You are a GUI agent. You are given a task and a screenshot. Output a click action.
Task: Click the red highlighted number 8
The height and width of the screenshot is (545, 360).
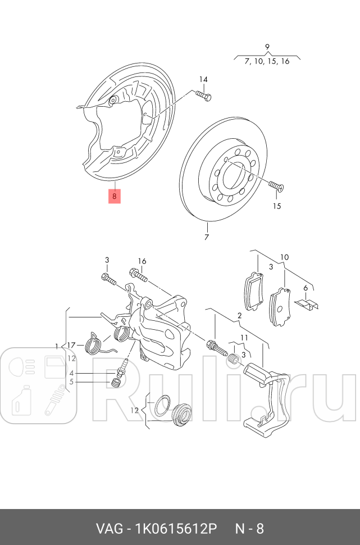(x=114, y=196)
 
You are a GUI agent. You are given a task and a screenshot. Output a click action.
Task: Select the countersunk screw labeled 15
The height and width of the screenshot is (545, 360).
(x=276, y=185)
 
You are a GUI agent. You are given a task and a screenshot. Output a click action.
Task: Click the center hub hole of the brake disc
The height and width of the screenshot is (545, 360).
(x=231, y=176)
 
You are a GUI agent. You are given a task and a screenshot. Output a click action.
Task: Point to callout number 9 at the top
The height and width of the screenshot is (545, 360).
(x=267, y=47)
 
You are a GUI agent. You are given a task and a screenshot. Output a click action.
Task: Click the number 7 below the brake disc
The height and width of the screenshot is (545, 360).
(x=206, y=237)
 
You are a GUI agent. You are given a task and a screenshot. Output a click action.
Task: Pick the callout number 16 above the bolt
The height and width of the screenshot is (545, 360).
(x=142, y=261)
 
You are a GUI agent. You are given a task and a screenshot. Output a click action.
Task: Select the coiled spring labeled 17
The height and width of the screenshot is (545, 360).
(x=93, y=343)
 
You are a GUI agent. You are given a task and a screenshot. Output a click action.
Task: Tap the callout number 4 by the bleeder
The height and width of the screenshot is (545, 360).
(x=71, y=373)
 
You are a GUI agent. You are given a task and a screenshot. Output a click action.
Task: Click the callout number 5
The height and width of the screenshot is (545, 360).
(x=71, y=382)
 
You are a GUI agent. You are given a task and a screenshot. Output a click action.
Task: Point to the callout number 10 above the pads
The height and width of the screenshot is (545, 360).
(x=285, y=257)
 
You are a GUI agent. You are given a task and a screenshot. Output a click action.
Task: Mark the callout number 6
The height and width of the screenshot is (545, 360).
(x=306, y=288)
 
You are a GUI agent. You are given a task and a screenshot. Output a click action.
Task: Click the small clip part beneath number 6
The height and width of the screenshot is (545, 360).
(x=307, y=304)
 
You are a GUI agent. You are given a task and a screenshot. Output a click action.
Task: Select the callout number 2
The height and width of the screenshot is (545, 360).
(x=239, y=316)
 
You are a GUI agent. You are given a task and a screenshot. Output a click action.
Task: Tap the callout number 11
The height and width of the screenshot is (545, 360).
(x=244, y=337)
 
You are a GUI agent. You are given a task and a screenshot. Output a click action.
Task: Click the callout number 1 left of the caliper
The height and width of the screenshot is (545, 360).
(x=57, y=345)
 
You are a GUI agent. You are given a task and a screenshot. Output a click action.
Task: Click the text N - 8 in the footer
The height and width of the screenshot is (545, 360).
(x=249, y=529)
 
